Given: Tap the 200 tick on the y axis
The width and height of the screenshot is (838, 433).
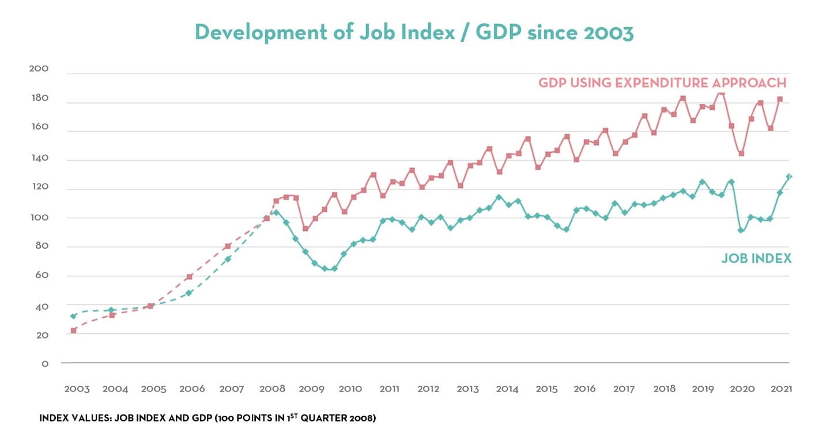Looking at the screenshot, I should click(x=39, y=69).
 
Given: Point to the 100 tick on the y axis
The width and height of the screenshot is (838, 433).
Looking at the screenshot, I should click(x=39, y=218).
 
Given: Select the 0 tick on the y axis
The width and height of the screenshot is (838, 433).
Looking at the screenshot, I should click(x=44, y=364).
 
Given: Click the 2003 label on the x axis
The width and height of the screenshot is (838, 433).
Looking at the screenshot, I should click(x=77, y=389).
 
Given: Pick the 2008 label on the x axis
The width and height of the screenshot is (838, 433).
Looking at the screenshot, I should click(x=273, y=389).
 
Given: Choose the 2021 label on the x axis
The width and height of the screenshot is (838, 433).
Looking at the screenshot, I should click(x=781, y=389).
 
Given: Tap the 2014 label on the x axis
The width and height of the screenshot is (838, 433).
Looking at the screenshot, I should click(x=507, y=389).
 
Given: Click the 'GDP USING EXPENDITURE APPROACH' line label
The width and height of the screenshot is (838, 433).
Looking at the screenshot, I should click(x=662, y=83).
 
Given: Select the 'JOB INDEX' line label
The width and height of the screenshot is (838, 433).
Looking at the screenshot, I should click(x=756, y=259).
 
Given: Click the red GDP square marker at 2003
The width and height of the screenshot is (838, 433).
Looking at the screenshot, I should click(x=74, y=331).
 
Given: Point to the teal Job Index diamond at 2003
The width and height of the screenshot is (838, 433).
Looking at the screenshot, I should click(x=73, y=316).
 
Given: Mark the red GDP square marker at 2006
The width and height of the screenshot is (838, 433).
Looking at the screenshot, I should click(x=189, y=277).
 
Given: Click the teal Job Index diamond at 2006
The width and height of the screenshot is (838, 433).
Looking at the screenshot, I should click(x=189, y=293).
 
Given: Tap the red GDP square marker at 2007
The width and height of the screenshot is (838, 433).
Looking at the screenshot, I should click(x=228, y=246).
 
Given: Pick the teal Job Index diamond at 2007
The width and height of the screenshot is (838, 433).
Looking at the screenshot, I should click(x=228, y=259).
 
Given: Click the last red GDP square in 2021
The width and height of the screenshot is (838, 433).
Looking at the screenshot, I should click(x=780, y=99).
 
